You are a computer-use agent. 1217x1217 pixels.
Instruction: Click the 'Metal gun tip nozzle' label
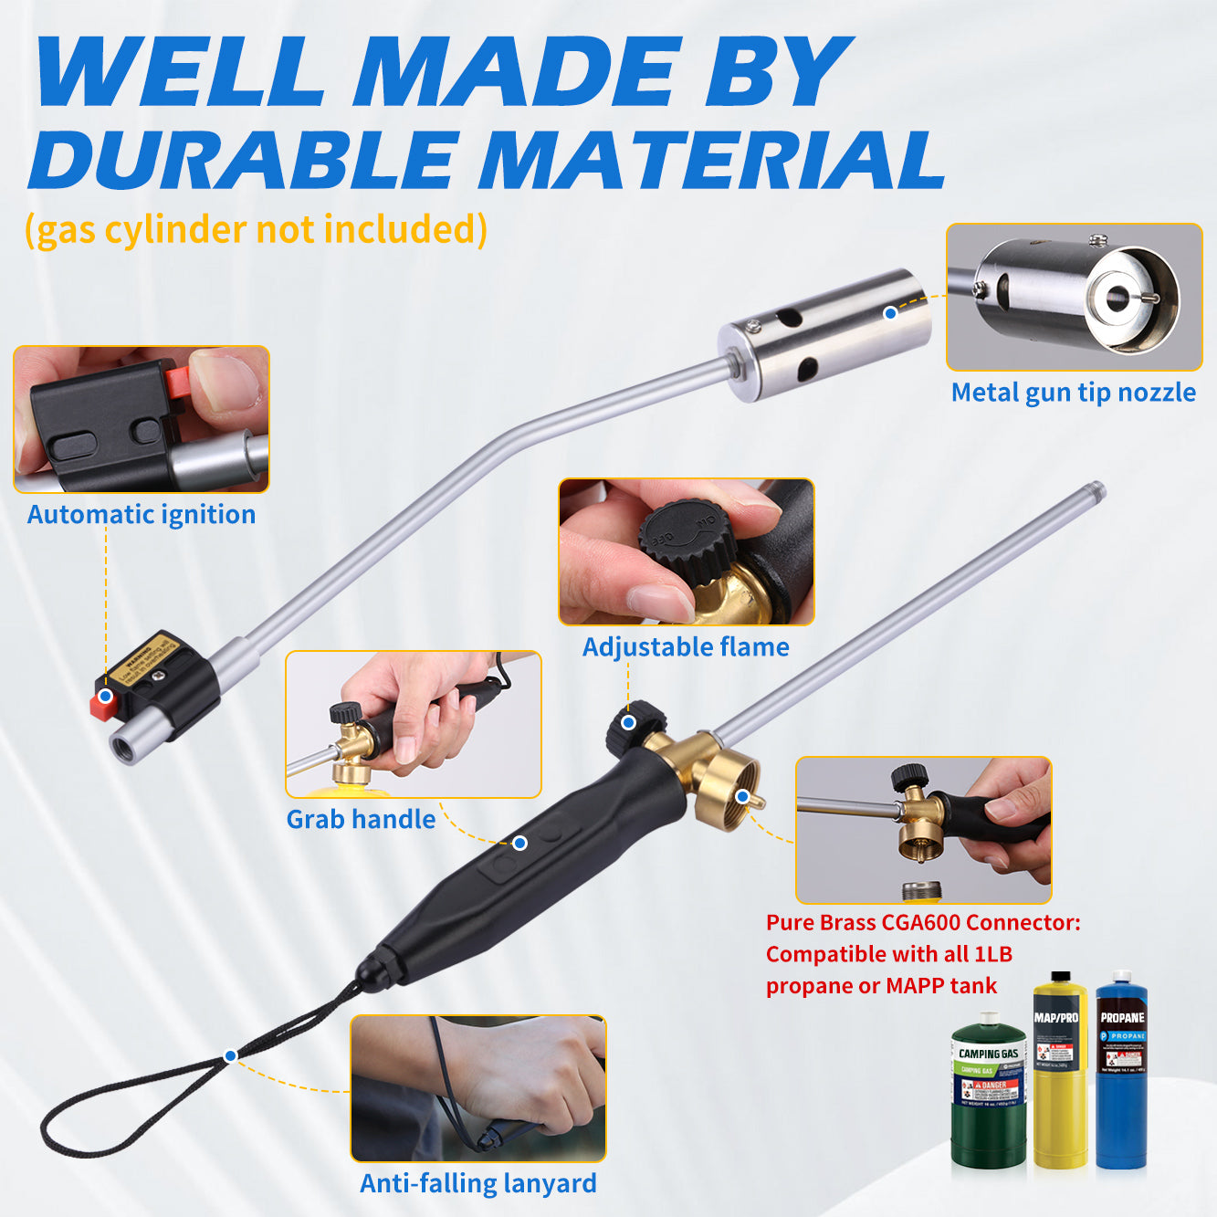click(1073, 393)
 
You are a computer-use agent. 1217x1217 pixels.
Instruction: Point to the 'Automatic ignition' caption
click(142, 515)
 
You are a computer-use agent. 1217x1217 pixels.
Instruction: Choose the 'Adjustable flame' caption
click(686, 647)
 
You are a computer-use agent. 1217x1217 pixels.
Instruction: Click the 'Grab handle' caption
click(361, 819)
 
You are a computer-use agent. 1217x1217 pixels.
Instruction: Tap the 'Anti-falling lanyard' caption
click(478, 1183)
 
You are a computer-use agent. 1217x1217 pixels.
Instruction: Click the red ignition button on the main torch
click(99, 705)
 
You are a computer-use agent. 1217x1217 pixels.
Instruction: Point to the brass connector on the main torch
click(726, 791)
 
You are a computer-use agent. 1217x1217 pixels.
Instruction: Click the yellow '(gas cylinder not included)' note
click(256, 230)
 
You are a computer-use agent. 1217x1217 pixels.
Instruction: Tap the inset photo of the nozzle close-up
click(1074, 297)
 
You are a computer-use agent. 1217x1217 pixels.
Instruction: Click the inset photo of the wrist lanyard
click(478, 1087)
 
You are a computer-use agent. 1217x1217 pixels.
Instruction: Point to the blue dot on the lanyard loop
click(230, 1055)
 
